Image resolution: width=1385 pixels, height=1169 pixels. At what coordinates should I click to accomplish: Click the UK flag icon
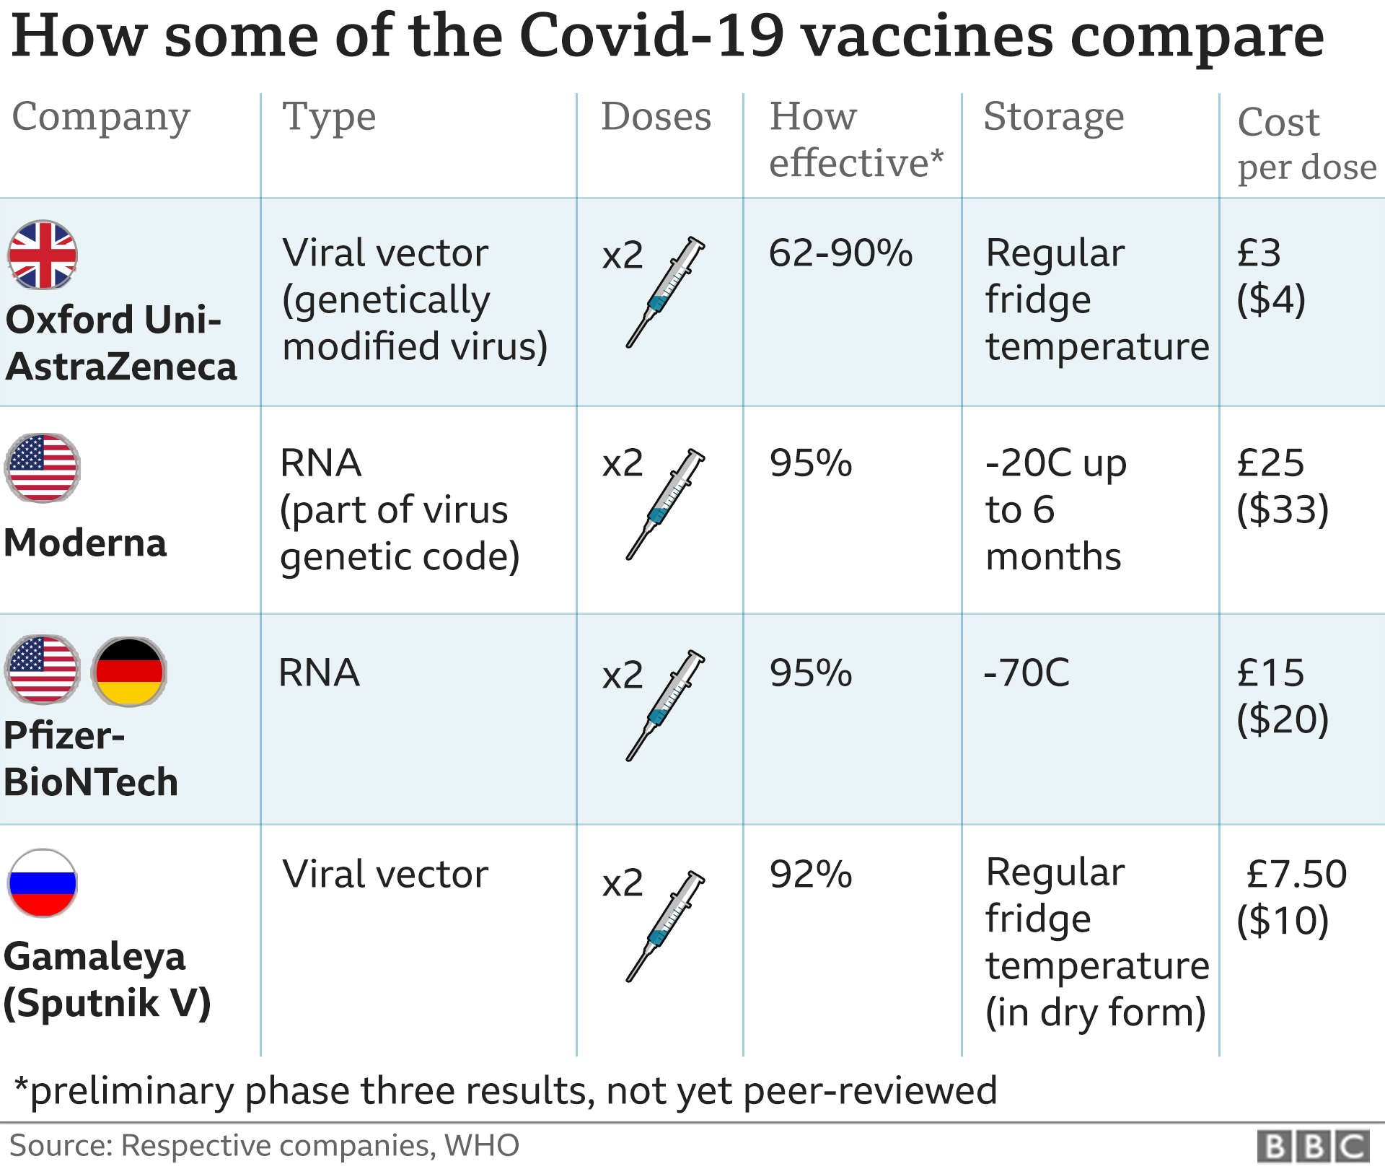click(x=43, y=255)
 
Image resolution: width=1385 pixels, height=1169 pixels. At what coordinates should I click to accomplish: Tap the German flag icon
click(x=129, y=671)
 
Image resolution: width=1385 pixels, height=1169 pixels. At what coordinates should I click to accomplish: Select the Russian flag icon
click(x=43, y=883)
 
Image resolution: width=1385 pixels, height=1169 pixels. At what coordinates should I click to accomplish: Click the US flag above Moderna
click(x=43, y=468)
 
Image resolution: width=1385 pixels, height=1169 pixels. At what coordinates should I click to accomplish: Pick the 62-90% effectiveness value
click(x=840, y=253)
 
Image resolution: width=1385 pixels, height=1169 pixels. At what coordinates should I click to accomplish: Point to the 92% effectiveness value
click(x=811, y=875)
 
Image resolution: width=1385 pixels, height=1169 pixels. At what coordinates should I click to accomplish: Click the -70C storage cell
click(x=1026, y=673)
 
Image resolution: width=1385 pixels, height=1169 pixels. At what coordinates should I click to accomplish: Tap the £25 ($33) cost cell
click(x=1281, y=486)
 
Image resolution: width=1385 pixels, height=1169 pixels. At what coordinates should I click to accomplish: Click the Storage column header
click(x=1053, y=116)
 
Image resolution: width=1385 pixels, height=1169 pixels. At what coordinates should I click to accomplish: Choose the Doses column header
click(x=656, y=116)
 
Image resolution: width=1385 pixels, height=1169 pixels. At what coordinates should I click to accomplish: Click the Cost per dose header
click(x=1306, y=144)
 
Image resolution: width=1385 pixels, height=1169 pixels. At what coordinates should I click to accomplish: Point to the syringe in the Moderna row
click(x=665, y=504)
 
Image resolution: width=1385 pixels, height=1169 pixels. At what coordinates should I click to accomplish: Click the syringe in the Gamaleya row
click(x=665, y=926)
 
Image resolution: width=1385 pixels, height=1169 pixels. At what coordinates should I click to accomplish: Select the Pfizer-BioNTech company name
click(x=90, y=758)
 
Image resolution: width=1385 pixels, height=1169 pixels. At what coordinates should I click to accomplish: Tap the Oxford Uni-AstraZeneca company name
click(x=120, y=343)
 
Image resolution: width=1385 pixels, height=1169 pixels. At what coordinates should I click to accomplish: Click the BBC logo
click(x=1313, y=1146)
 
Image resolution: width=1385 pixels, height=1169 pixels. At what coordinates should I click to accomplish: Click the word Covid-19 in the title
click(x=651, y=35)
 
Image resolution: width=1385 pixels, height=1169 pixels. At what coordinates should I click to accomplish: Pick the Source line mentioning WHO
click(x=264, y=1146)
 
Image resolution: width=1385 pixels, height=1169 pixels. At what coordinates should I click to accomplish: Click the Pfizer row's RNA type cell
click(x=319, y=673)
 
